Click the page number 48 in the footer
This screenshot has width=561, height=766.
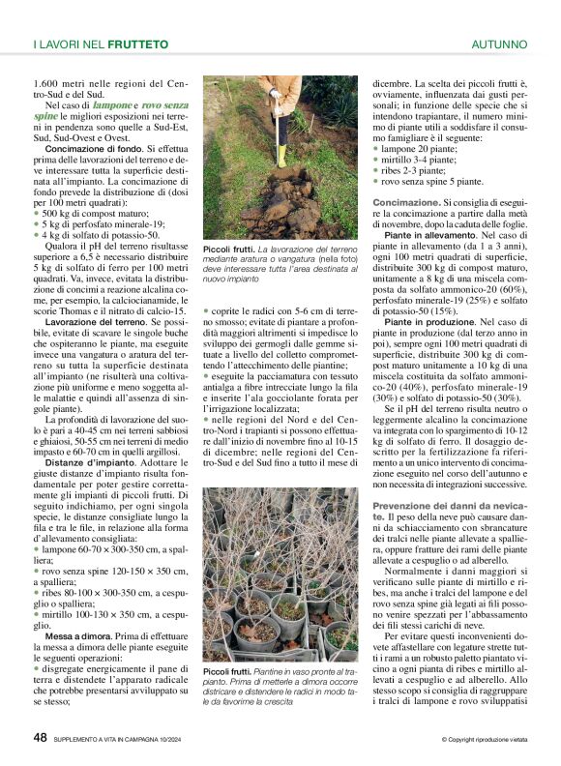[x=40, y=737]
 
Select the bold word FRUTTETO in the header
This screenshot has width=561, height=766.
[x=138, y=44]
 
